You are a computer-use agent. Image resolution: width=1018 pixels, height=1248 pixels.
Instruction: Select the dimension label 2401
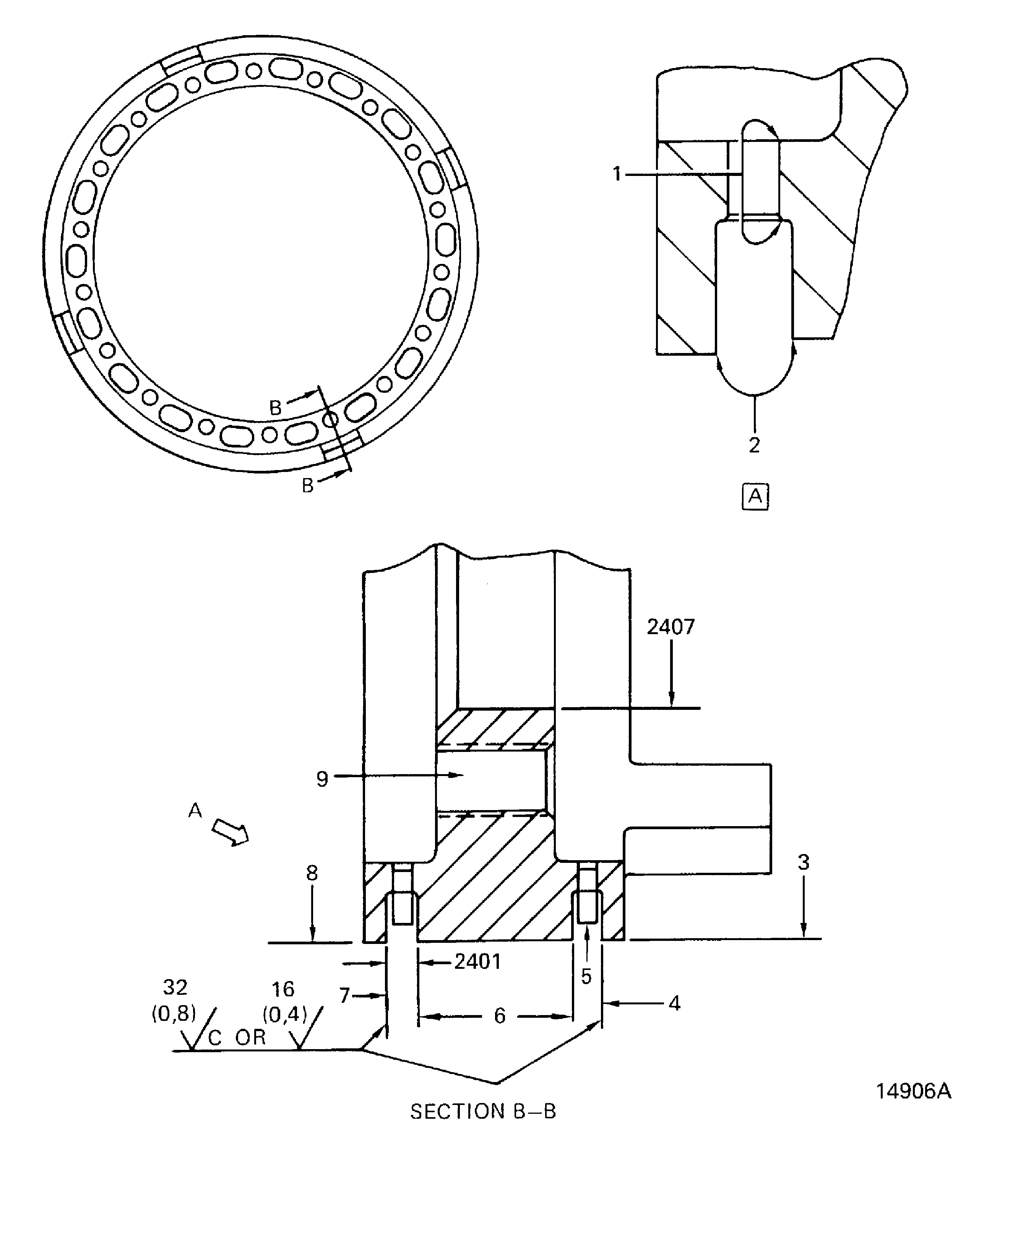pyautogui.click(x=478, y=962)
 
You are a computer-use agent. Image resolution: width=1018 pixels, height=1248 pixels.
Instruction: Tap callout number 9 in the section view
pyautogui.click(x=322, y=779)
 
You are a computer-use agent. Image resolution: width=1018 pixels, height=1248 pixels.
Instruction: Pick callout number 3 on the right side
pyautogui.click(x=804, y=862)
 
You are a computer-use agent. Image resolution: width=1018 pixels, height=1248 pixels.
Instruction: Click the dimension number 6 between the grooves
pyautogui.click(x=499, y=1016)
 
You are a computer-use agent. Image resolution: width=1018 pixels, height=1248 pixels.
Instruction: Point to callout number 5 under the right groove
pyautogui.click(x=586, y=976)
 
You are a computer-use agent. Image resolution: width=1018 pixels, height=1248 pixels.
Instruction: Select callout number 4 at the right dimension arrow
pyautogui.click(x=674, y=1003)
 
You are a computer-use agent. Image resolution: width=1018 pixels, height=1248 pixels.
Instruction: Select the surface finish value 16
pyautogui.click(x=283, y=989)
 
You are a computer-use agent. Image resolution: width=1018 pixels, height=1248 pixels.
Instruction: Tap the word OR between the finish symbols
pyautogui.click(x=250, y=1037)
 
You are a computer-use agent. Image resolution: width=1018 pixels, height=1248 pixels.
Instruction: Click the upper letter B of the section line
pyautogui.click(x=275, y=407)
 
